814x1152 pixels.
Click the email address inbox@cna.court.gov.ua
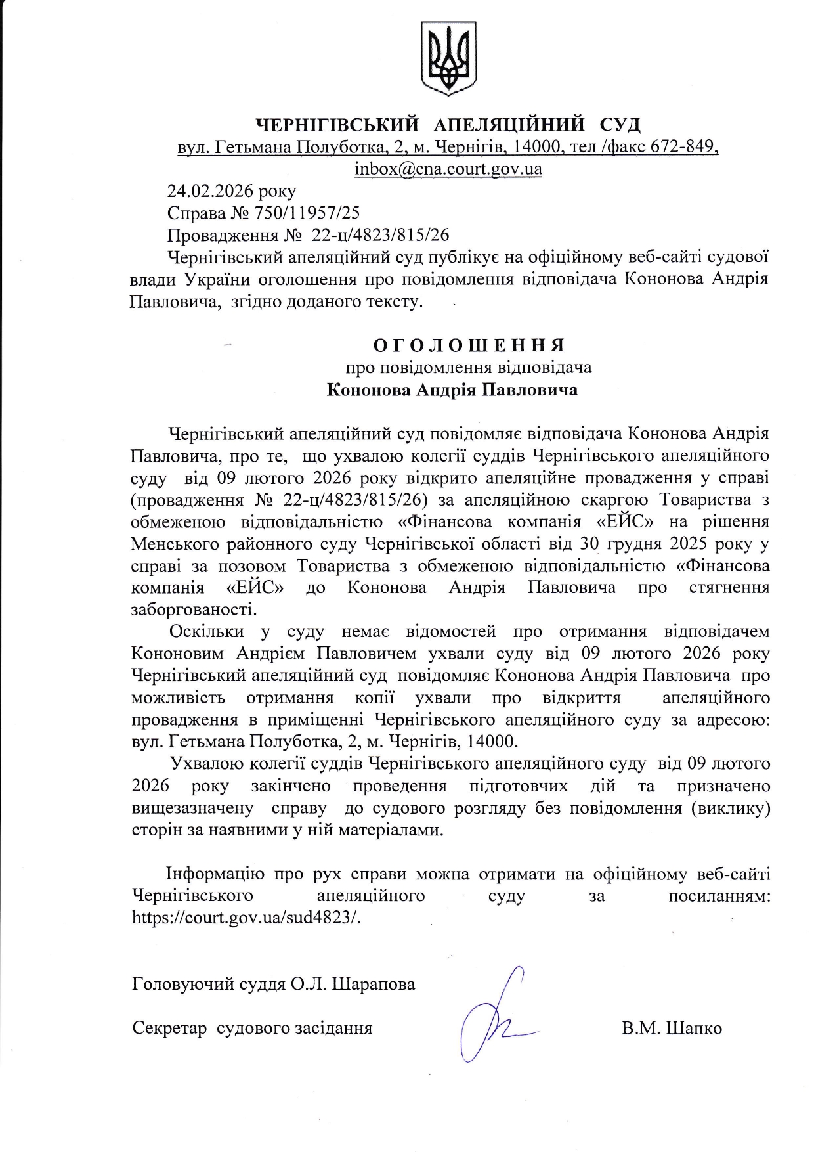coord(448,169)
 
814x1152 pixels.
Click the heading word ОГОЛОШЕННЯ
coord(469,345)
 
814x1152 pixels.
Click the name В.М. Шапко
coord(672,1028)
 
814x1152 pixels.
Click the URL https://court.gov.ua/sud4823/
coord(246,918)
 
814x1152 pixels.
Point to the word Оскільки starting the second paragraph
coord(207,631)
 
